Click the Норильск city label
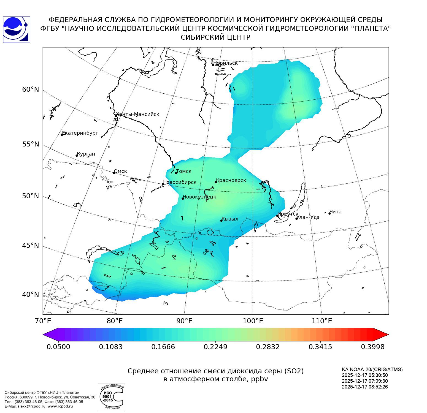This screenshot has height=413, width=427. (x=225, y=63)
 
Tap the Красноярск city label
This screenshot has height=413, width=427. (x=231, y=181)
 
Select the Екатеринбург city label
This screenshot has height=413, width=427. (x=80, y=133)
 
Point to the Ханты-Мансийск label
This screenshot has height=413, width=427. (x=138, y=114)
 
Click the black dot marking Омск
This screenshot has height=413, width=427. (x=114, y=173)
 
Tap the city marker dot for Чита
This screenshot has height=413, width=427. (x=329, y=213)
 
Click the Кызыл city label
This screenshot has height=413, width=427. (x=230, y=219)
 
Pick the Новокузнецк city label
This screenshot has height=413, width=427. (x=199, y=197)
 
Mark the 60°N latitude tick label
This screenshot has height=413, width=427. (x=31, y=89)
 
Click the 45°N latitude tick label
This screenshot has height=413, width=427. (x=31, y=245)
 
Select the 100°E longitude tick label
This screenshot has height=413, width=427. (x=253, y=321)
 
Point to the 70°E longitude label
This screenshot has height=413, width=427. (x=43, y=321)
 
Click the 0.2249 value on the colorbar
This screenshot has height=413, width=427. (x=215, y=347)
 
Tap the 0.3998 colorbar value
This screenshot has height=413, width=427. (x=372, y=347)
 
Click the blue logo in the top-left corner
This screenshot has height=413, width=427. (x=17, y=30)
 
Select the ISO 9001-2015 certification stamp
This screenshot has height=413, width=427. (x=111, y=396)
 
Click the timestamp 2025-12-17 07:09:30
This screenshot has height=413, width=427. (x=365, y=381)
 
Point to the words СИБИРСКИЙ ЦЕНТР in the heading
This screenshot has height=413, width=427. (x=215, y=37)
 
